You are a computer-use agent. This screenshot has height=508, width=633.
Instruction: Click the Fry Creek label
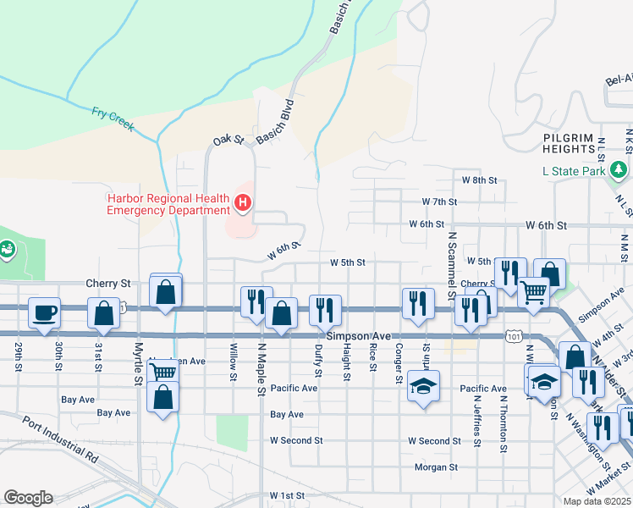coord(113,118)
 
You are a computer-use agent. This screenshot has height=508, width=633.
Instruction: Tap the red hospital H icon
coord(243,202)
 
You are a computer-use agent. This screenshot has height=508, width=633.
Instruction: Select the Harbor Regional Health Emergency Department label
coord(168,204)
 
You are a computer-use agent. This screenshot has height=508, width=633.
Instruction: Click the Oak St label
coord(228,139)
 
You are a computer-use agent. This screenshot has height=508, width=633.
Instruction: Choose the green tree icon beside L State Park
coord(620,171)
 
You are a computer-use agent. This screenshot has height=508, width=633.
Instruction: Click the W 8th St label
coord(478,180)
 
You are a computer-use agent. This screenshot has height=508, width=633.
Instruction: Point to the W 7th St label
coord(439,202)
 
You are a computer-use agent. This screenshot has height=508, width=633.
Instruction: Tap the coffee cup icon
coord(45,312)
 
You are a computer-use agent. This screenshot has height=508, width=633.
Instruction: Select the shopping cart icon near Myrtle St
coord(162,370)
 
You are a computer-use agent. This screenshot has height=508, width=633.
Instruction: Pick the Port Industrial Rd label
coord(59,439)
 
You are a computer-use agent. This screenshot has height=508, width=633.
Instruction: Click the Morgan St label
coord(436,467)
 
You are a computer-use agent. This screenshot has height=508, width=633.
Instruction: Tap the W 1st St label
coord(286,494)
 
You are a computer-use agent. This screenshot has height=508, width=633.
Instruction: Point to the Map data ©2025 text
coord(597,501)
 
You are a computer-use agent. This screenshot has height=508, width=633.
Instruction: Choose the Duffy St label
coord(318,360)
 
